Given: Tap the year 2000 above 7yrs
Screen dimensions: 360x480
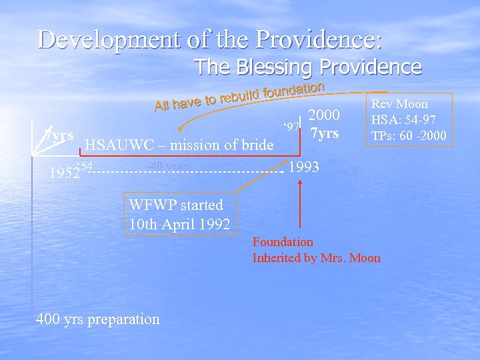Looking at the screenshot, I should [x=325, y=114].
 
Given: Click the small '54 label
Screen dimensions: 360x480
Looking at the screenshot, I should [x=85, y=165].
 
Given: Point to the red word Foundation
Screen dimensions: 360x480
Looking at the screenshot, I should [x=283, y=241].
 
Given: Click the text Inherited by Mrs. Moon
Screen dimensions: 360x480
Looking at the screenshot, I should [x=316, y=258].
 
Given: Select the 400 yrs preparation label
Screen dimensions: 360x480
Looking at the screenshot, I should [x=97, y=319].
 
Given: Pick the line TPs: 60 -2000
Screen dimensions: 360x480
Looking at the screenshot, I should [x=410, y=137].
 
